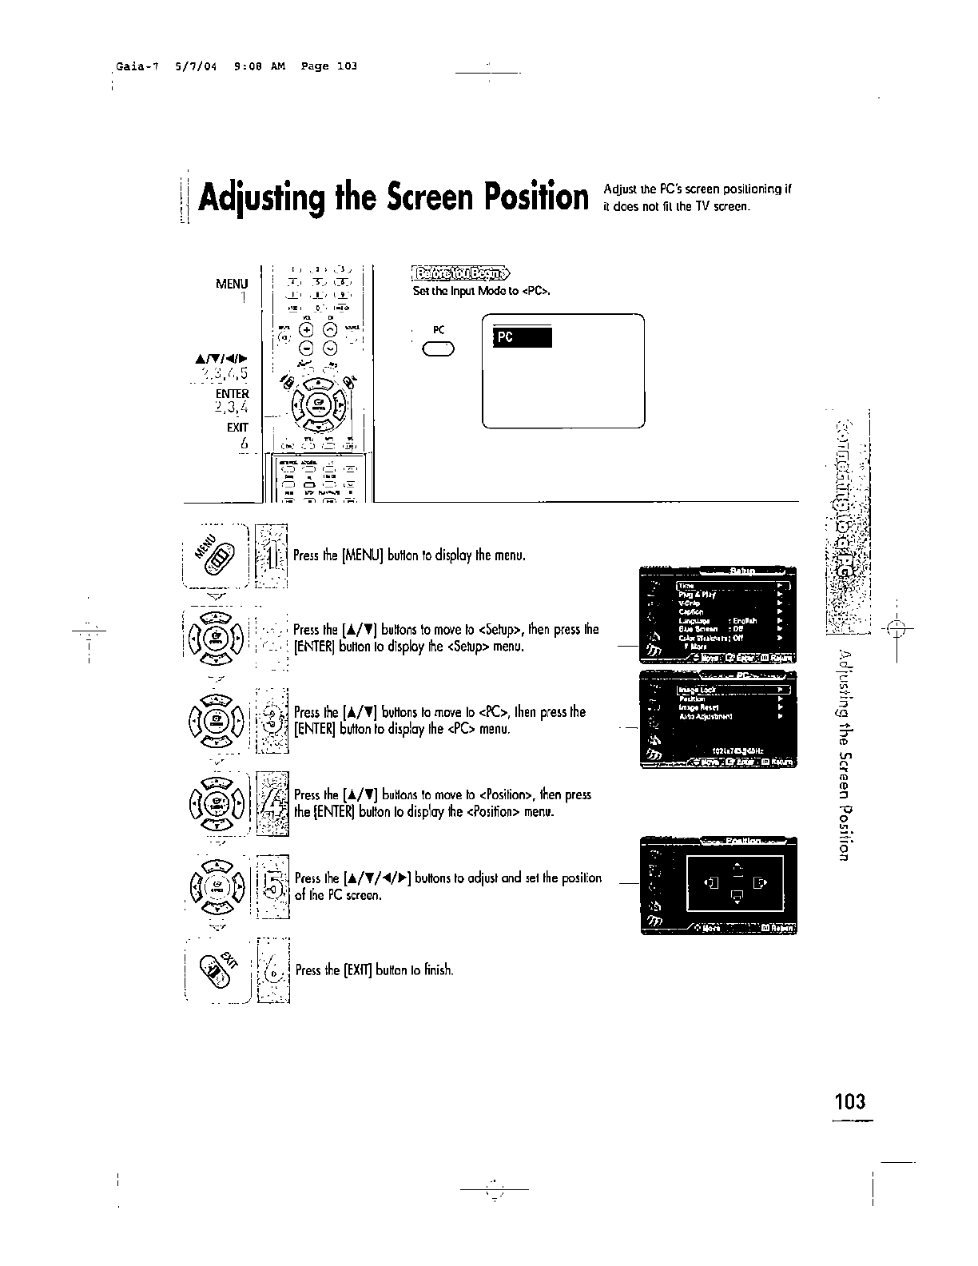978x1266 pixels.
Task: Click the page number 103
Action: (849, 1101)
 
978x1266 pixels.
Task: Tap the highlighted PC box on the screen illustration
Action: (523, 338)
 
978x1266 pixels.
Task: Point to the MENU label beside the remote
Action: (232, 284)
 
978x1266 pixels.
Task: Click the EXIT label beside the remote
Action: (237, 427)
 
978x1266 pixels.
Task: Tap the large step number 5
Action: (273, 885)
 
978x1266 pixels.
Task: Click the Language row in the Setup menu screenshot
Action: (695, 620)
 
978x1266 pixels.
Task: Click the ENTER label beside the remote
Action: (233, 394)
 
